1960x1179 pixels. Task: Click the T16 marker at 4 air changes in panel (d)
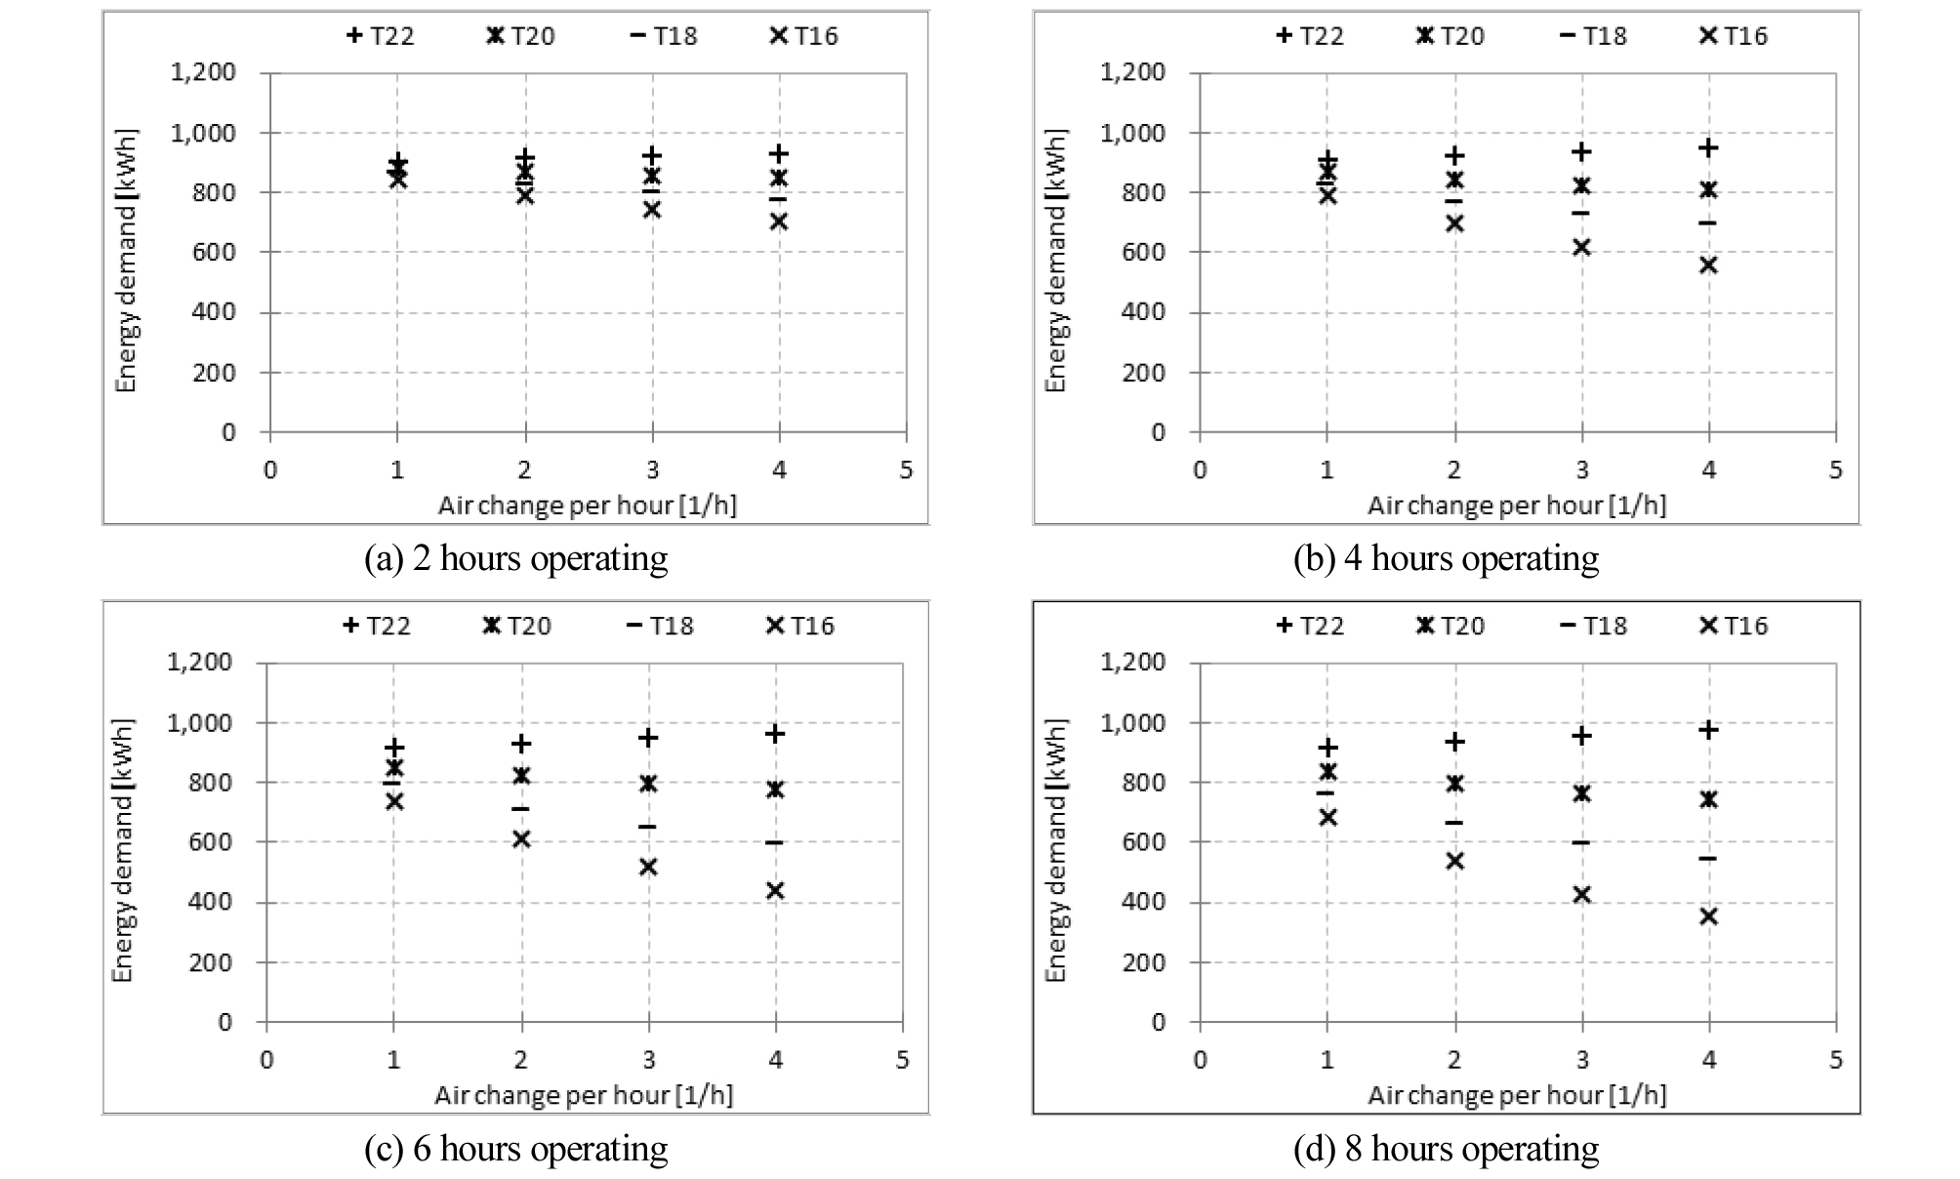coord(1708,916)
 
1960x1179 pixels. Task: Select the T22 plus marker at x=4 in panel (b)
coord(1708,148)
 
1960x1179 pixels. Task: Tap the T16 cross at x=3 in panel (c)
coord(648,867)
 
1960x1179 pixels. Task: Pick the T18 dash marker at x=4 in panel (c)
coord(775,842)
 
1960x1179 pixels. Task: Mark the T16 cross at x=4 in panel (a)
coord(779,222)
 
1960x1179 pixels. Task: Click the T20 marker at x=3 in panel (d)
coord(1581,793)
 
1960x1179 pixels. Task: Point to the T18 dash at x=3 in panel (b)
coord(1581,213)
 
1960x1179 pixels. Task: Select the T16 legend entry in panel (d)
coord(1734,626)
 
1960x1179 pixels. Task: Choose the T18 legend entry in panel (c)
coord(661,626)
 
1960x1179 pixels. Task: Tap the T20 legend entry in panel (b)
coord(1450,36)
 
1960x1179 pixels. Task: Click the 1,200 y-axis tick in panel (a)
coord(203,72)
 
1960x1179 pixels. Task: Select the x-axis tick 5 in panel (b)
coord(1836,470)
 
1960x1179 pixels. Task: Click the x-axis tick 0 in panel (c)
coord(266,1060)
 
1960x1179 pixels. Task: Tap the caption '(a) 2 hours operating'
coord(515,559)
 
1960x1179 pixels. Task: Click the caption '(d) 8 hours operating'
coord(1446,1150)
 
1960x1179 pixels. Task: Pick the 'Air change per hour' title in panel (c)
coord(584,1095)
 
